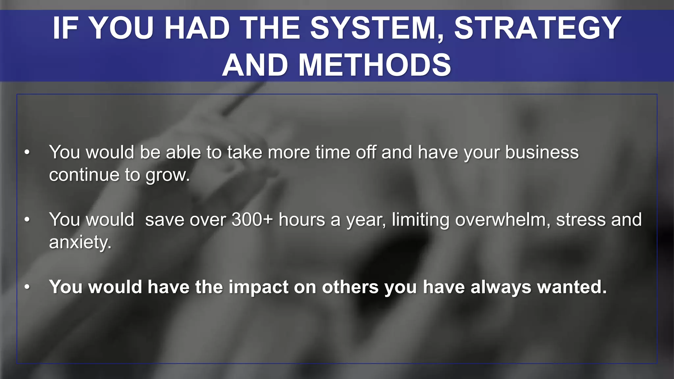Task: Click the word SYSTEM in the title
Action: coord(377,28)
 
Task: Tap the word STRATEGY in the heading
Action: coord(538,28)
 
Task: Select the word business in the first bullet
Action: coord(542,152)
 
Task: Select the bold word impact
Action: coord(258,287)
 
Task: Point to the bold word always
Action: coord(501,287)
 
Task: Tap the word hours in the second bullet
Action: coord(302,219)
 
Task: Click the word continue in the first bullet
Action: coord(84,175)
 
